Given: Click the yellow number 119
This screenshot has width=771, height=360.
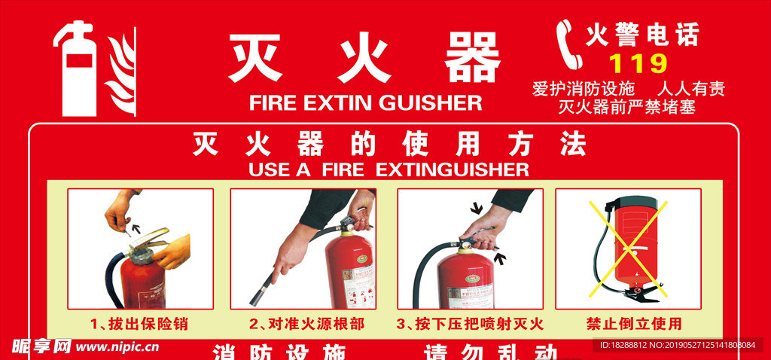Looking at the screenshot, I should pyautogui.click(x=637, y=62).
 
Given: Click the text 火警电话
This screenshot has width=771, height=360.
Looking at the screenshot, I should pyautogui.click(x=642, y=34).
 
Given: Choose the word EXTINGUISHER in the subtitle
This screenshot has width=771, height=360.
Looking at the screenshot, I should pyautogui.click(x=452, y=168).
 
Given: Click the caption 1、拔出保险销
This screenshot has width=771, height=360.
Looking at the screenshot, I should pyautogui.click(x=139, y=325).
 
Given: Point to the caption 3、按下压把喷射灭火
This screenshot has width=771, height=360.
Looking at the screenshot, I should pyautogui.click(x=469, y=325).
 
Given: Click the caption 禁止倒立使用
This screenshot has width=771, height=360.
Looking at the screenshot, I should pyautogui.click(x=633, y=325).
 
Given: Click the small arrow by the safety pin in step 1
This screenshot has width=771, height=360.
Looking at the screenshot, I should pyautogui.click(x=136, y=224).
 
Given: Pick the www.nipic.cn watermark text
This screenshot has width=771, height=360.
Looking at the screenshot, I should pyautogui.click(x=117, y=347).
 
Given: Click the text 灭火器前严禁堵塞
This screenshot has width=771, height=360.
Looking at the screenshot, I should pyautogui.click(x=626, y=107).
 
